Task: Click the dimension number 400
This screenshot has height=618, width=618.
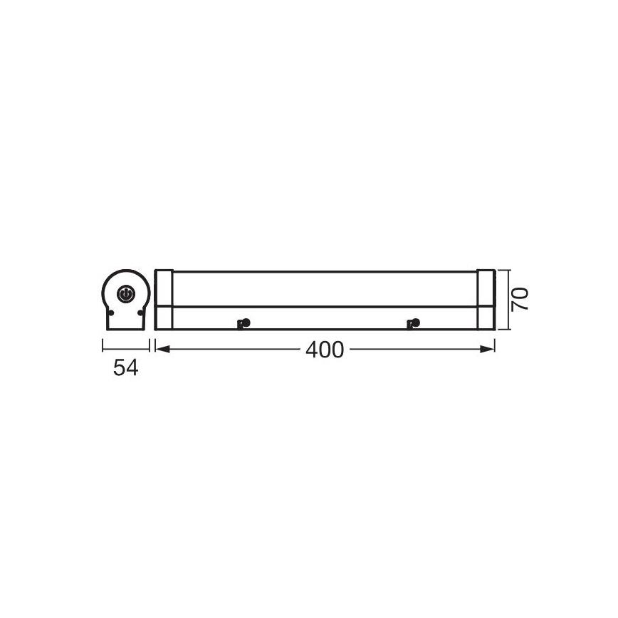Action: (325, 350)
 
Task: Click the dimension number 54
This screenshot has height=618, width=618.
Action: (125, 368)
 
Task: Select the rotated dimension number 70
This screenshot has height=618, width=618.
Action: (520, 298)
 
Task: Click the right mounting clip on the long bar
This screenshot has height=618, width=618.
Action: (412, 324)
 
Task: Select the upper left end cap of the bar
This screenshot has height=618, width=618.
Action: (164, 288)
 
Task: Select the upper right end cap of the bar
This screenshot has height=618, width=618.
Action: (486, 288)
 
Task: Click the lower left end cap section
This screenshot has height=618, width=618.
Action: (164, 318)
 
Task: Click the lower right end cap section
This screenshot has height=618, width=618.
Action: (486, 318)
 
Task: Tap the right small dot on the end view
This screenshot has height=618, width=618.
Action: (140, 313)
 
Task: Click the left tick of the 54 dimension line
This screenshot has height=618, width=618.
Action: (103, 346)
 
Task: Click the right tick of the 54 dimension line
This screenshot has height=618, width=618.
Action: (149, 346)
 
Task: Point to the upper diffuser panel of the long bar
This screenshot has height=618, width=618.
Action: (325, 288)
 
